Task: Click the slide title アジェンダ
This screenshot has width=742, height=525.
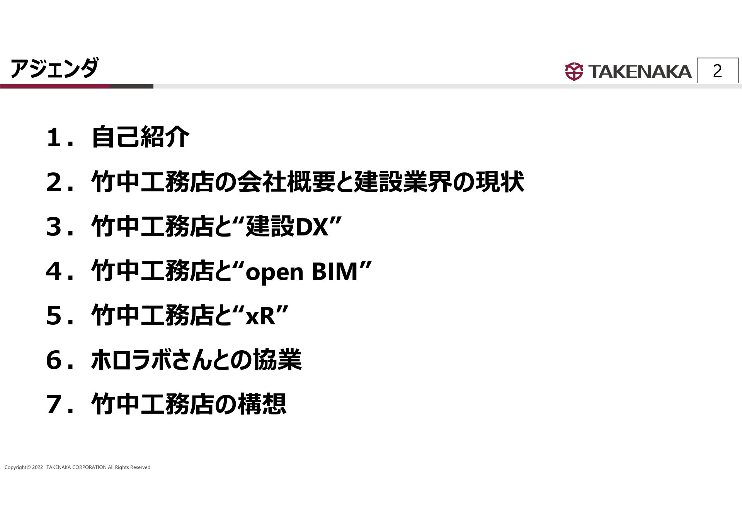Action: pos(54,68)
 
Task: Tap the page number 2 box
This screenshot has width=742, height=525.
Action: pos(718,70)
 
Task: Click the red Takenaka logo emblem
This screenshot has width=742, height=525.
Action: pos(574,72)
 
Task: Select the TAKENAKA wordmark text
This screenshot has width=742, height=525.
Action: pos(640,72)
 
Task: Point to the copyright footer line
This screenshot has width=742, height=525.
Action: pos(78,467)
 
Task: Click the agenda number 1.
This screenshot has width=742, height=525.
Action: pos(54,138)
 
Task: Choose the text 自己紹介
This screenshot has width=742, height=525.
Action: pos(140,137)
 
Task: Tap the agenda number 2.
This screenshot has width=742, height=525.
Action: pos(54,182)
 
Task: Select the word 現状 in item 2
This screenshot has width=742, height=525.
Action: pos(500,182)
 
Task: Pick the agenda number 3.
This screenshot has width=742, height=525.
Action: pos(54,227)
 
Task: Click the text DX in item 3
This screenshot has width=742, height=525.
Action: pos(312,227)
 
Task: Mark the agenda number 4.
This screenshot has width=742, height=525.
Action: pos(54,271)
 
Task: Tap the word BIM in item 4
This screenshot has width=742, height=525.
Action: pos(335,271)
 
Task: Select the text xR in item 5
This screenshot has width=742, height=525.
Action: pos(261,316)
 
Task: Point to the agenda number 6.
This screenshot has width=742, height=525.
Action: pos(54,360)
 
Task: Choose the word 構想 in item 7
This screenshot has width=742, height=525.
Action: pos(262,404)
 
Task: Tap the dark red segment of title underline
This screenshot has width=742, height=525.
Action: pos(55,86)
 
